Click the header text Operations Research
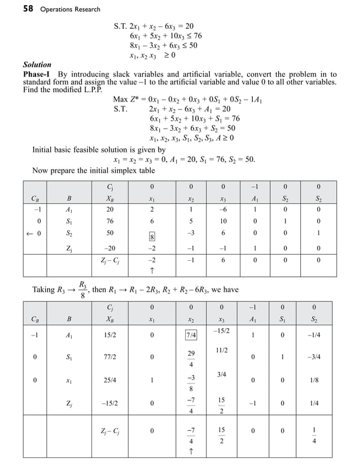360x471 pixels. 71,9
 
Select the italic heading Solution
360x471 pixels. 37,65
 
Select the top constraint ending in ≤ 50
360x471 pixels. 164,46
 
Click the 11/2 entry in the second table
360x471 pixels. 222,351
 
